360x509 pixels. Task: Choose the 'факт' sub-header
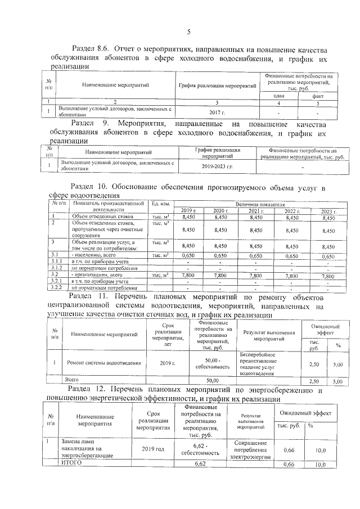(318, 96)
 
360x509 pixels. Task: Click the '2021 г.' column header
(256, 210)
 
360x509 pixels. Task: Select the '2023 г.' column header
(327, 210)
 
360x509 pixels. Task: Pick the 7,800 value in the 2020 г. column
(220, 276)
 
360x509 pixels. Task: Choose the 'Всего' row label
(72, 381)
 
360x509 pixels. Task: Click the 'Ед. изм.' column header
(161, 203)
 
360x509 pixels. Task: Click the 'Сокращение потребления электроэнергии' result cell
(252, 449)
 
